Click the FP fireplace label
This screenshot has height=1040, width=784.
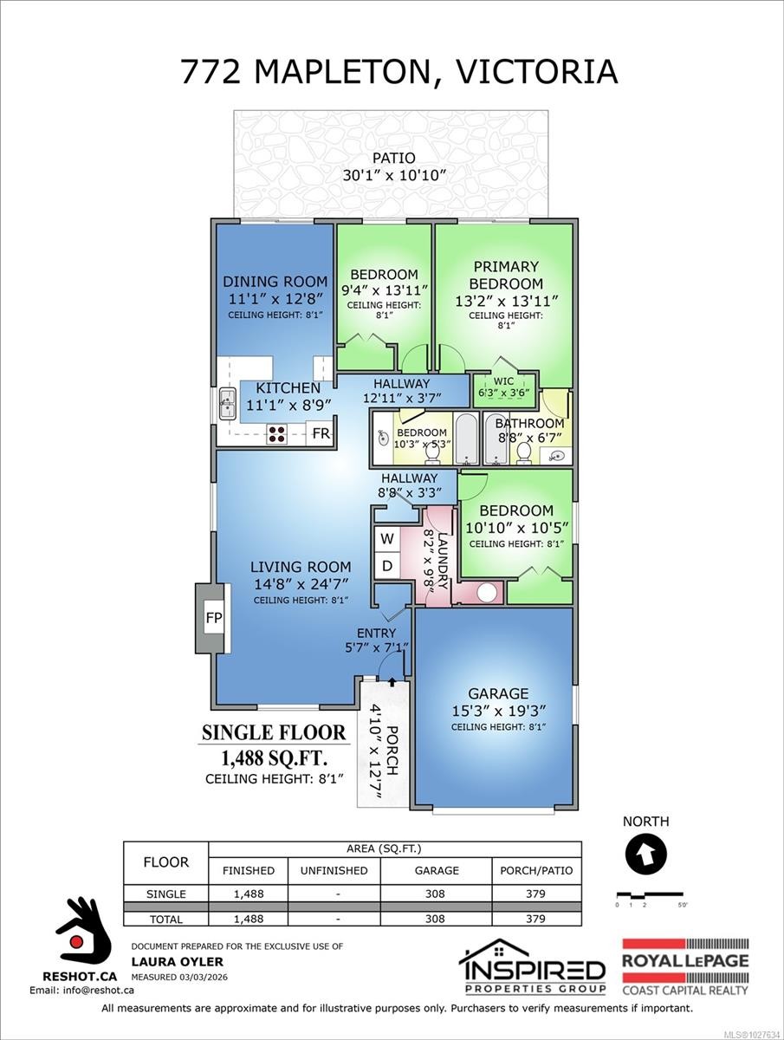213,619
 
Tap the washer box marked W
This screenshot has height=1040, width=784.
387,538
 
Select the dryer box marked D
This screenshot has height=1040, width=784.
387,566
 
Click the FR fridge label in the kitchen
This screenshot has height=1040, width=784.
321,433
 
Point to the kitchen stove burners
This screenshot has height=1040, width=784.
277,433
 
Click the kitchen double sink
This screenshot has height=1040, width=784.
228,403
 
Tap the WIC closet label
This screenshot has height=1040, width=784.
503,380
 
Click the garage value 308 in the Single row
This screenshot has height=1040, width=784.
437,894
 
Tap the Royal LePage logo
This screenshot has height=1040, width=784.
685,966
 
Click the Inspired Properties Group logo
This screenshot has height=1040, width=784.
531,966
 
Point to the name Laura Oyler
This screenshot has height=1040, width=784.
165,961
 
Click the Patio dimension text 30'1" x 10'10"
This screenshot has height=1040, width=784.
394,175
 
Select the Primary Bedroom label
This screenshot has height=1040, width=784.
505,275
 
